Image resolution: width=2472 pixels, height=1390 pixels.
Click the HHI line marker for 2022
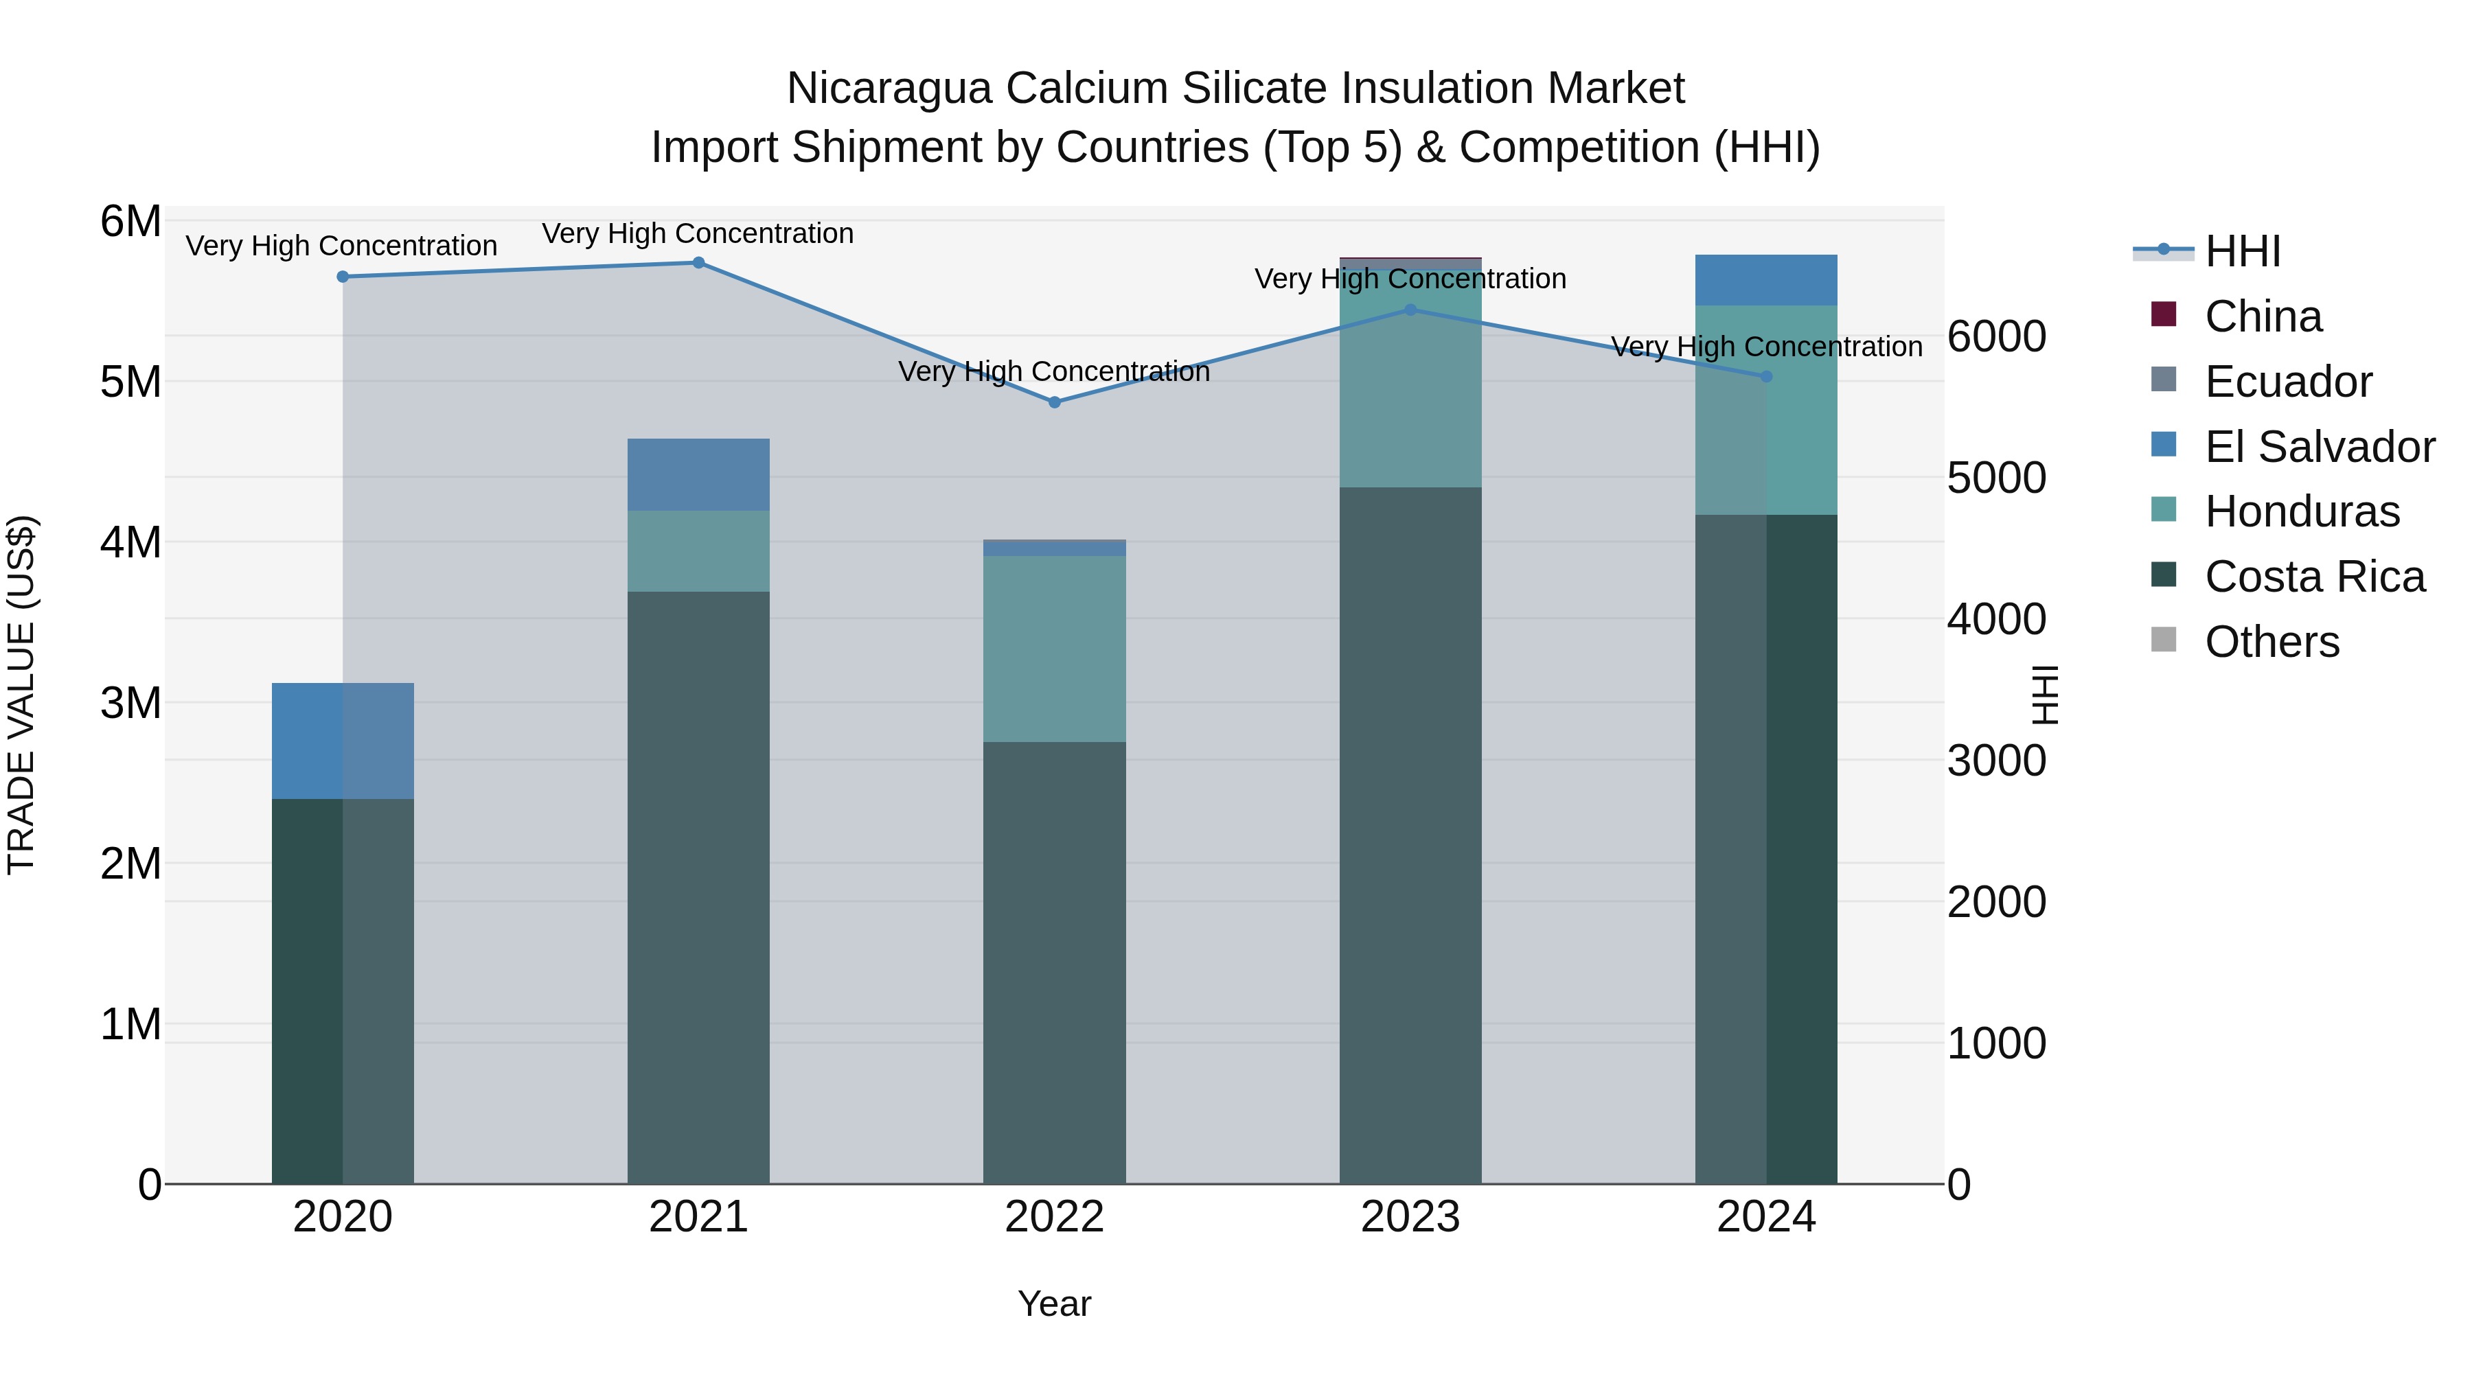pos(1053,402)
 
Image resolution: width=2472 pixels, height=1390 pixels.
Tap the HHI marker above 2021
pos(698,263)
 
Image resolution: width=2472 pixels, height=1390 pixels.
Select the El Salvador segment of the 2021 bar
pos(698,475)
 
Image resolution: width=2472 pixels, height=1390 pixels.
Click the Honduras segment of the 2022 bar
pos(1053,649)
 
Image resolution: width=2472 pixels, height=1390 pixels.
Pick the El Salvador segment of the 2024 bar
pos(1765,280)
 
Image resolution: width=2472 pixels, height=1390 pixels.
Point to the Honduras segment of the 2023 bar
pos(1410,384)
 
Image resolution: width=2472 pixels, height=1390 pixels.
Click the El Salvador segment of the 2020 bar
pos(343,741)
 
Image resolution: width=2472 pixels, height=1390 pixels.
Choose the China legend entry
pos(2263,316)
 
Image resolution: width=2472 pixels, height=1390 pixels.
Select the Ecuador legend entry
pos(2288,382)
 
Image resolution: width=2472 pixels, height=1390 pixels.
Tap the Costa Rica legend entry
pos(2313,577)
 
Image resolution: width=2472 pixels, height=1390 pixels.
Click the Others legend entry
pos(2271,642)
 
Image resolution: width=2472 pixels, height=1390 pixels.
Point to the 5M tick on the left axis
pos(131,382)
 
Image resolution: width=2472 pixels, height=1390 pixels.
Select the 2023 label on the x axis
pos(1410,1217)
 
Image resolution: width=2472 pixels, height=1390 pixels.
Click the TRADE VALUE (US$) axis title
pos(21,695)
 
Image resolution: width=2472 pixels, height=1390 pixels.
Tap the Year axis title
pos(1053,1304)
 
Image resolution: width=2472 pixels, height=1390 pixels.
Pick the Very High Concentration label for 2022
pos(1053,371)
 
